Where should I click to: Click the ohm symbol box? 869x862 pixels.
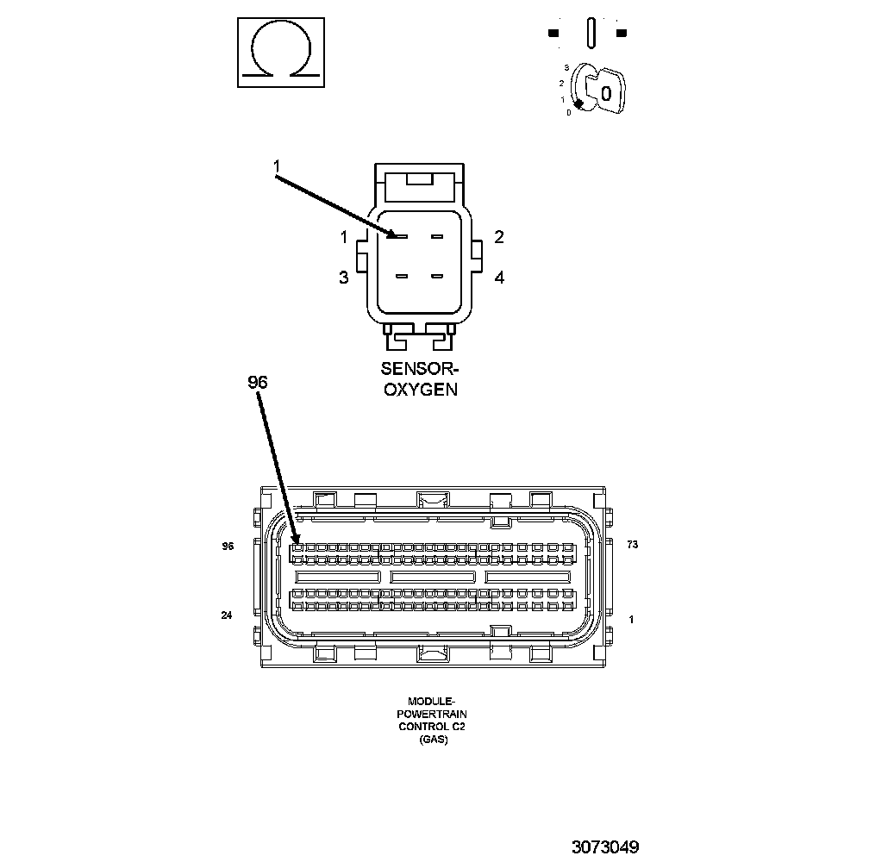(x=281, y=53)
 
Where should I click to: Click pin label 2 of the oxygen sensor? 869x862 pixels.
(x=498, y=237)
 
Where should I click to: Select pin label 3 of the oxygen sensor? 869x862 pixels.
(x=343, y=277)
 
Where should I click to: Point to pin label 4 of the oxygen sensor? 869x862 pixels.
(x=498, y=277)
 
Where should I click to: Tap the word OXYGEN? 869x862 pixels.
(x=420, y=389)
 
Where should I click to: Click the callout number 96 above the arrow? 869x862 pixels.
(x=258, y=382)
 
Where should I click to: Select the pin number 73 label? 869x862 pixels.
(x=632, y=546)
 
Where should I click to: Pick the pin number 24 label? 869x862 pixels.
(x=227, y=615)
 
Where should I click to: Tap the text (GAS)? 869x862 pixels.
(x=433, y=740)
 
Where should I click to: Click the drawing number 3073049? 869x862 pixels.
(x=604, y=846)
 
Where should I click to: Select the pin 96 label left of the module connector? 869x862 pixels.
(x=228, y=546)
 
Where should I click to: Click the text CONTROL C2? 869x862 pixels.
(x=432, y=727)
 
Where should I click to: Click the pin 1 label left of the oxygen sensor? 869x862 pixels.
(x=343, y=237)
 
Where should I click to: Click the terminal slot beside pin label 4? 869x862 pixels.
(x=436, y=277)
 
